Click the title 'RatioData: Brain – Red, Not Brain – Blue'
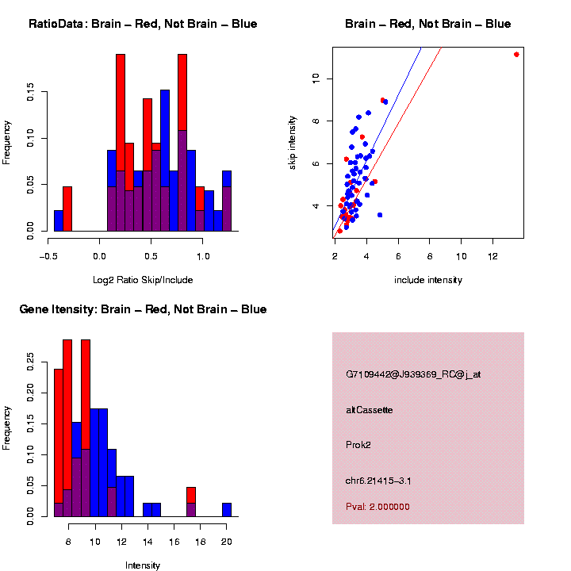coord(143,24)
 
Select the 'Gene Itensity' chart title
coord(143,309)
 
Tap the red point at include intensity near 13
coord(516,55)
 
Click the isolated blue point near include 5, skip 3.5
coord(380,215)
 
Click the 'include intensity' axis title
coord(428,280)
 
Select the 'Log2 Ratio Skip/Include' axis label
coord(143,280)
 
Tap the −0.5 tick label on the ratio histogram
coord(48,256)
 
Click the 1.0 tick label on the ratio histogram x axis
coord(203,256)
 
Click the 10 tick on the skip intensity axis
coord(316,78)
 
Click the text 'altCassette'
coord(370,410)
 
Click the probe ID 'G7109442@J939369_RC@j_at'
coord(413,374)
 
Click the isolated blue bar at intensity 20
coord(227,510)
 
